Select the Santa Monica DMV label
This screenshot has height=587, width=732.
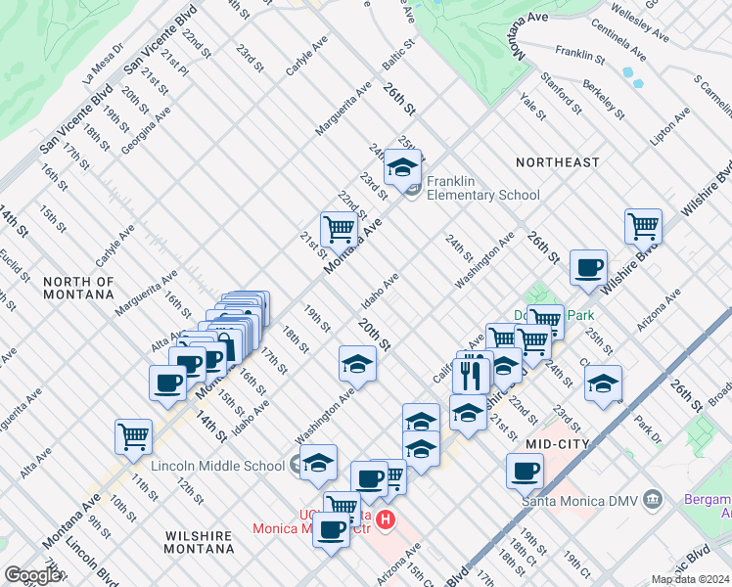[x=578, y=502]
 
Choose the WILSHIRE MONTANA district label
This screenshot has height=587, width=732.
[x=199, y=543]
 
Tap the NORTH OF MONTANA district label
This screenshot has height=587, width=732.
[x=79, y=288]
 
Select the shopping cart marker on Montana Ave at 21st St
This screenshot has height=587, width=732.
[x=339, y=229]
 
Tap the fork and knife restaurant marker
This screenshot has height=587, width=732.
[x=473, y=371]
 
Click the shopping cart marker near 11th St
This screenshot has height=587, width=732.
[x=133, y=435]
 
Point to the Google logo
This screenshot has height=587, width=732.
[x=32, y=575]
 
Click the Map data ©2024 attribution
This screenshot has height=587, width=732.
[x=689, y=579]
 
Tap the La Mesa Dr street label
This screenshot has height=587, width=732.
[x=103, y=63]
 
